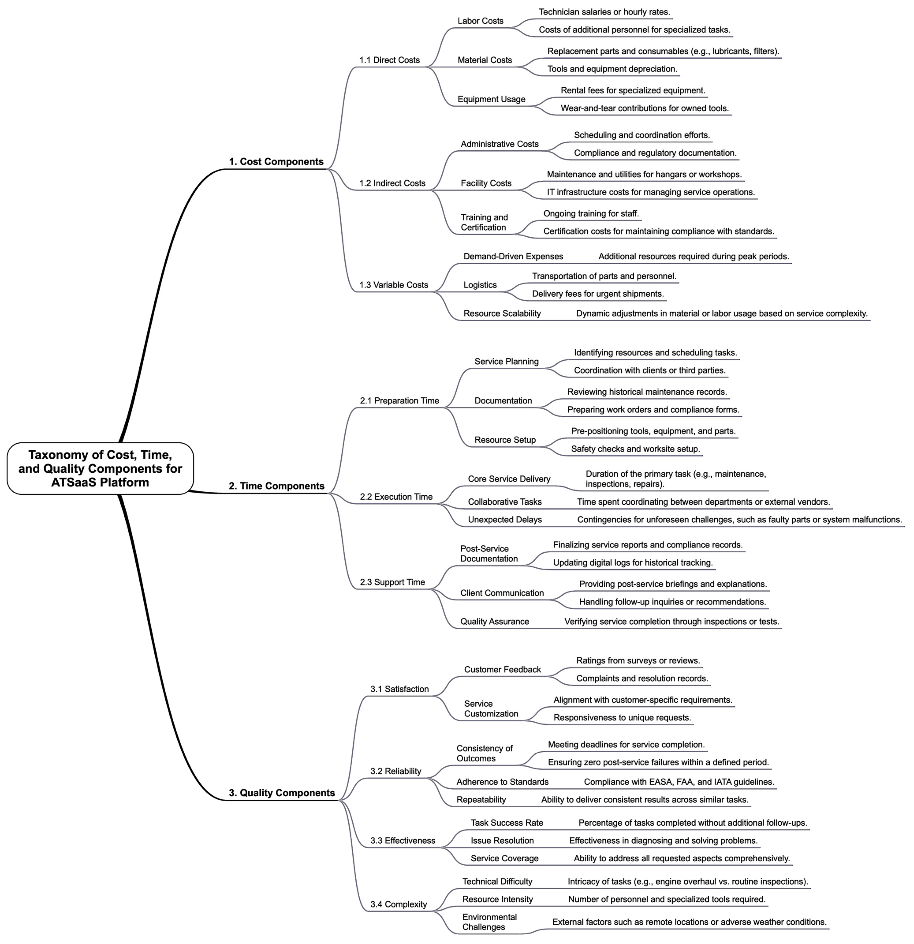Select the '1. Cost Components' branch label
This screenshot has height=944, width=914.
pyautogui.click(x=276, y=162)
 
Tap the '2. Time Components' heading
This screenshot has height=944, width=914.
pyautogui.click(x=276, y=486)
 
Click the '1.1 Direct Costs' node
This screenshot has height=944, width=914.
pyautogui.click(x=389, y=60)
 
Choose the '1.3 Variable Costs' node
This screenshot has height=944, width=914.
pyautogui.click(x=394, y=285)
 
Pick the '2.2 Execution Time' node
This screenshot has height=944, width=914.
pyautogui.click(x=396, y=497)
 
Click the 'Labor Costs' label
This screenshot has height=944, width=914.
pyautogui.click(x=480, y=21)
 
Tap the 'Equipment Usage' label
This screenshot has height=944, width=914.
pyautogui.click(x=491, y=99)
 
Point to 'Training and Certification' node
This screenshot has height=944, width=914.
pyautogui.click(x=484, y=223)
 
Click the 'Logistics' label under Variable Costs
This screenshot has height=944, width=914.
pyautogui.click(x=480, y=285)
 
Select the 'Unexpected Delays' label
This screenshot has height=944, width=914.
pyautogui.click(x=505, y=520)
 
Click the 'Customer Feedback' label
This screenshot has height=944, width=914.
pyautogui.click(x=502, y=669)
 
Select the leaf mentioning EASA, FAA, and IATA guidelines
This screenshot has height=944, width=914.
pyautogui.click(x=679, y=782)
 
